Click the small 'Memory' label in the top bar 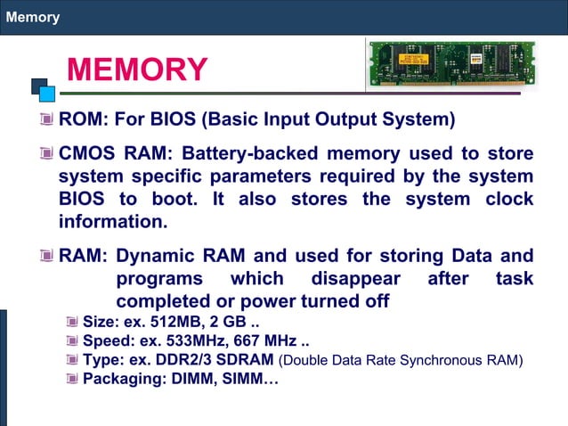[x=33, y=17]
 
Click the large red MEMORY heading [x=137, y=70]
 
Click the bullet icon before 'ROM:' [x=45, y=119]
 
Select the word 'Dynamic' [x=159, y=256]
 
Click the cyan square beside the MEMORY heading [x=48, y=92]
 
